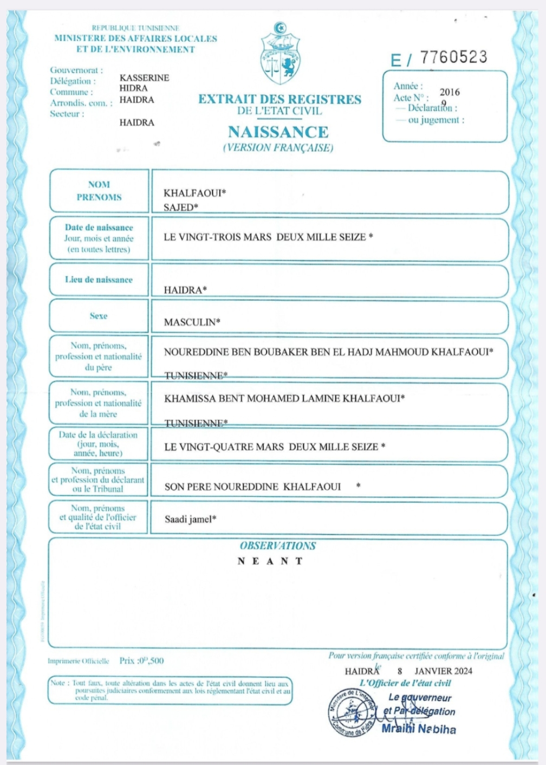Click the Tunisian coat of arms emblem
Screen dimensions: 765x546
point(280,54)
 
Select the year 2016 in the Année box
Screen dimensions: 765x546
point(450,92)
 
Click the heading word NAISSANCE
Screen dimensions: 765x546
point(278,132)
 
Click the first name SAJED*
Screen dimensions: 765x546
point(181,207)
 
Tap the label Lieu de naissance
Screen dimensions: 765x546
point(99,280)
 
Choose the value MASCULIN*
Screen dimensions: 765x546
point(192,322)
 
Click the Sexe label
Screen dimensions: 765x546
point(99,316)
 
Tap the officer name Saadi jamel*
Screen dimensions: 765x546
point(190,519)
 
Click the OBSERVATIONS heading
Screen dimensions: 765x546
point(278,546)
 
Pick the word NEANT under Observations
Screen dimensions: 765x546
point(270,561)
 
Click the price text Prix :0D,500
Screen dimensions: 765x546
point(141,660)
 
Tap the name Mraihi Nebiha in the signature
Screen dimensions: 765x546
point(419,729)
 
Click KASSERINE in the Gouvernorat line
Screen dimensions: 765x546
point(144,77)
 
